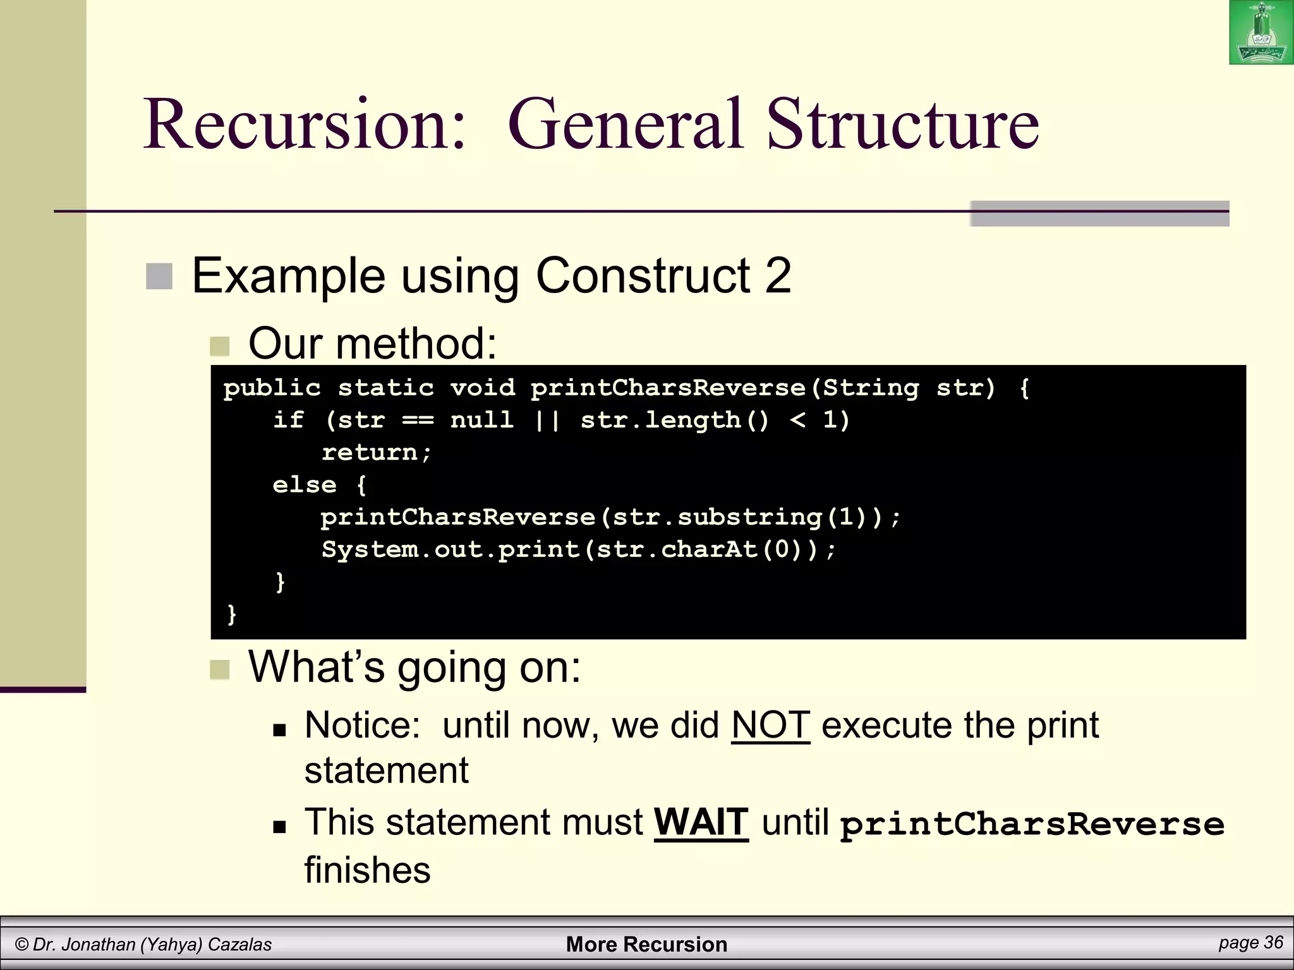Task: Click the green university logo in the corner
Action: (x=1261, y=33)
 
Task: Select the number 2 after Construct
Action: (x=778, y=276)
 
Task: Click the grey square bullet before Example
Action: (x=159, y=277)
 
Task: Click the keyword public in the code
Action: (x=272, y=388)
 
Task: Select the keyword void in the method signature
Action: (x=482, y=388)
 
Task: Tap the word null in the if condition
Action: (x=481, y=420)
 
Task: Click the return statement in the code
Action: (x=376, y=453)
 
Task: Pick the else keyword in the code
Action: (x=304, y=485)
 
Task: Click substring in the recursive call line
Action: (x=749, y=518)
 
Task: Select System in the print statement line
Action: (x=369, y=550)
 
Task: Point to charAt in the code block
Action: (x=709, y=550)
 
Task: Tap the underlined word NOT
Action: (x=770, y=725)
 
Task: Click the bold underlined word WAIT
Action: (x=701, y=822)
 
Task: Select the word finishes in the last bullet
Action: (x=367, y=870)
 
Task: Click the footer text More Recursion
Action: (x=646, y=944)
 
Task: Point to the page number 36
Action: (x=1273, y=942)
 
